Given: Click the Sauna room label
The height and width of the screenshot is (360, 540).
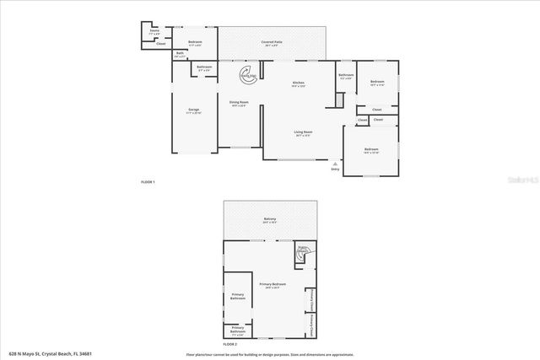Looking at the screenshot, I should click(x=154, y=31).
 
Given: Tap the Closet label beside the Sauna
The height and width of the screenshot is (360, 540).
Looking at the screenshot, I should click(x=160, y=43).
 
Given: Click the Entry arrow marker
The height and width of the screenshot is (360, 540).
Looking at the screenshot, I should click(x=336, y=163).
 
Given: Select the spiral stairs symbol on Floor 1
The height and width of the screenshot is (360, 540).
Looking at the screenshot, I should click(x=249, y=75).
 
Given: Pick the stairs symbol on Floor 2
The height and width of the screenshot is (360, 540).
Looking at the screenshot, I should click(x=302, y=250).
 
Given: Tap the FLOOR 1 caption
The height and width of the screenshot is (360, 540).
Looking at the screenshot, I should click(x=148, y=182).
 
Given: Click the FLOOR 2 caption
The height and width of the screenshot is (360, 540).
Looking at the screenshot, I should click(x=230, y=344).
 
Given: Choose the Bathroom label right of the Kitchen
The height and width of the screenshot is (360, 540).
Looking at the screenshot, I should click(x=346, y=76).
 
